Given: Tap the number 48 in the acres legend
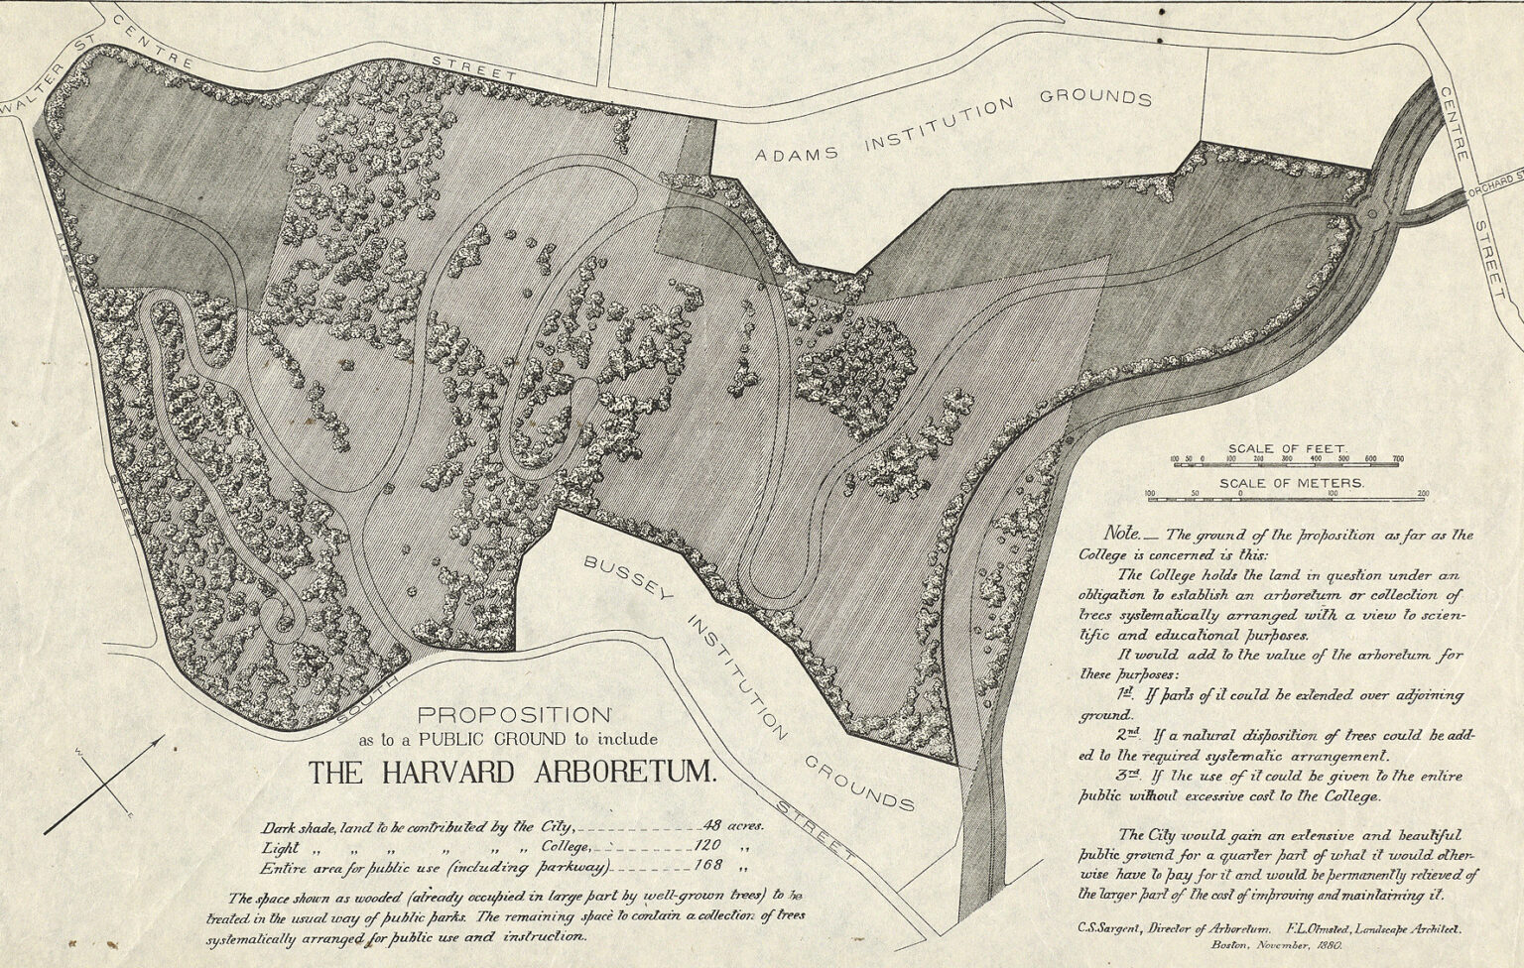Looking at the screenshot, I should click(x=711, y=825).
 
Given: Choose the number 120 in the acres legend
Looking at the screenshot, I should click(x=710, y=847).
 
